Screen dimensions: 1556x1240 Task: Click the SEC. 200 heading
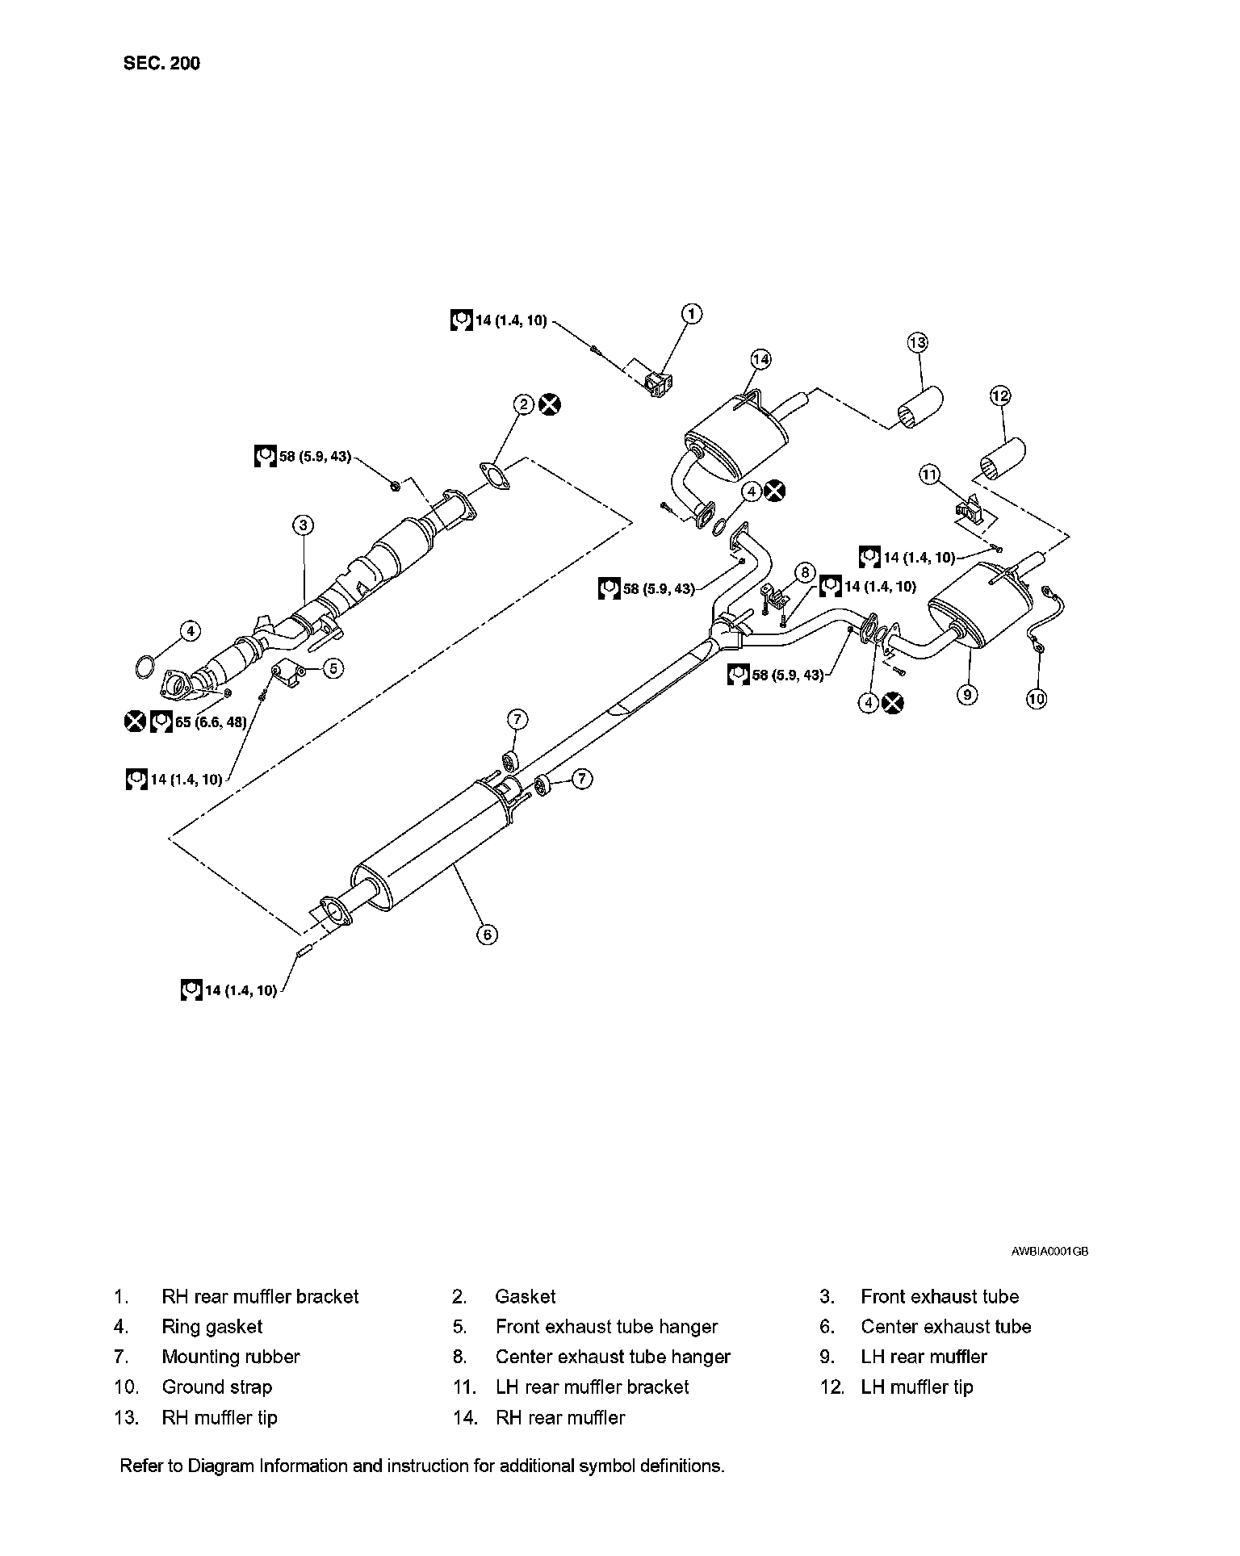[161, 63]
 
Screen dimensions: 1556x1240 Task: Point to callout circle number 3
[303, 525]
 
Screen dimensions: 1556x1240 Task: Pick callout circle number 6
[487, 935]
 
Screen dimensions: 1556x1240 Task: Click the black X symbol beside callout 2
[551, 404]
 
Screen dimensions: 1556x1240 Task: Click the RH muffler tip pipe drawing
[920, 408]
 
